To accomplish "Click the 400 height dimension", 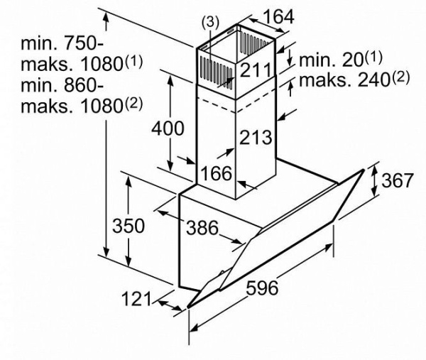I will pos(168,129).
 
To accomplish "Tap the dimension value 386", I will pos(203,229).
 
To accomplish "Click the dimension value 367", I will pos(397,180).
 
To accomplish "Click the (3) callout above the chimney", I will pos(211,22).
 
